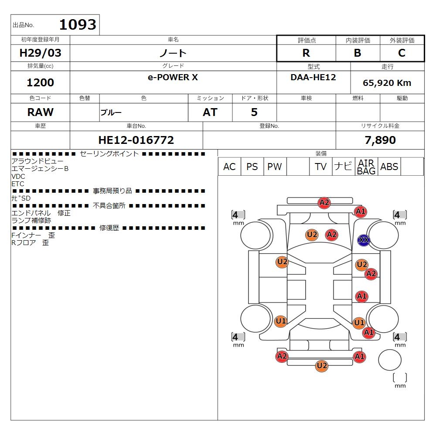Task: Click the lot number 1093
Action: (78, 24)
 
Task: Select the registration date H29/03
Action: (40, 53)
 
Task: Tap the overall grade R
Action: (306, 53)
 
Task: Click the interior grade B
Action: (358, 53)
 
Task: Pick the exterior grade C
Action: (402, 53)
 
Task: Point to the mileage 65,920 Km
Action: (387, 83)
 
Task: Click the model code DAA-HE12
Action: (313, 77)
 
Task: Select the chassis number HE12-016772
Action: (136, 140)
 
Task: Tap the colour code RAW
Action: (40, 112)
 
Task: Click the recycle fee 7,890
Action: (380, 140)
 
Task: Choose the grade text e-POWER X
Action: (173, 77)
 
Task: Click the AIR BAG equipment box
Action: (366, 167)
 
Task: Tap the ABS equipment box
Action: (389, 167)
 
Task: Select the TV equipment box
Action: (320, 167)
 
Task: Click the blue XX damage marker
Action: (364, 240)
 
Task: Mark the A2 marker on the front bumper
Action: (324, 202)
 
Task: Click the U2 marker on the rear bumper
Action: (322, 366)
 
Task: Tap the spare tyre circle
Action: (389, 360)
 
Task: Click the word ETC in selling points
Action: (18, 184)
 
